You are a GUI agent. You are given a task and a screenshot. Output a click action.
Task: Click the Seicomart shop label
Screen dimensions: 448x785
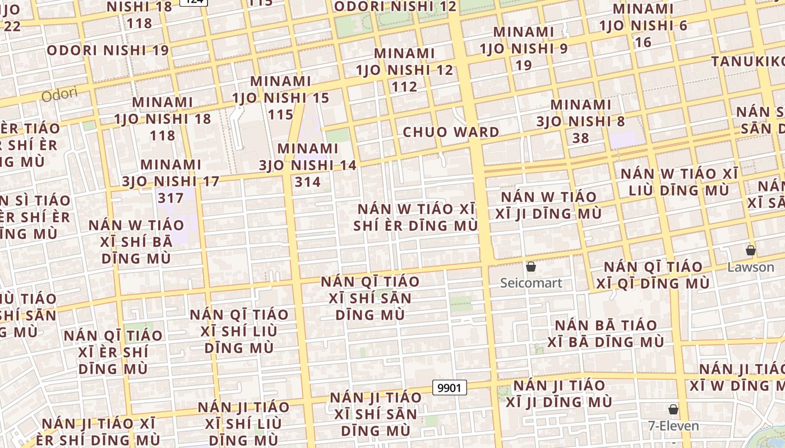[x=531, y=283]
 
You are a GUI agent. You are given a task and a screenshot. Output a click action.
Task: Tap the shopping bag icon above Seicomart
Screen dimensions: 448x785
[x=531, y=267]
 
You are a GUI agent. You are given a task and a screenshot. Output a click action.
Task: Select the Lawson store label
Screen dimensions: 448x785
[x=750, y=267]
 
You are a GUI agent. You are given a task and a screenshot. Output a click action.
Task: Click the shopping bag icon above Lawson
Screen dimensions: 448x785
[x=750, y=250]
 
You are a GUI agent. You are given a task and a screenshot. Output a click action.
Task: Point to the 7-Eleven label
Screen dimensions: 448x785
[x=673, y=426]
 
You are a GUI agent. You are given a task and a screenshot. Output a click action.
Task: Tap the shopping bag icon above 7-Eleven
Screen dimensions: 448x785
[x=673, y=409]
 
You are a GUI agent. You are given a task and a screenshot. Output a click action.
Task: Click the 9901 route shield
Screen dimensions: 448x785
[x=450, y=388]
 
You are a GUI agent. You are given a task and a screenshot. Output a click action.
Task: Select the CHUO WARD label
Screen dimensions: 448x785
[x=451, y=132]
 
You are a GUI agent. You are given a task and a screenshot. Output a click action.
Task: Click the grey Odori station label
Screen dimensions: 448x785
[x=59, y=94]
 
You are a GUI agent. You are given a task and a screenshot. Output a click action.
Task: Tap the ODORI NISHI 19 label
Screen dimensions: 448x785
[x=108, y=50]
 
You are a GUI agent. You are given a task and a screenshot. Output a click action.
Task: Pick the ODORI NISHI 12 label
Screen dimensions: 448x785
[x=395, y=7]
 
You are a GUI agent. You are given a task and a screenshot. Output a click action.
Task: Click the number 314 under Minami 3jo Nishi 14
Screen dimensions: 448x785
[x=308, y=182]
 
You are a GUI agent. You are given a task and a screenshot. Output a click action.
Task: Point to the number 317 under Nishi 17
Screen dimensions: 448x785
[x=171, y=198]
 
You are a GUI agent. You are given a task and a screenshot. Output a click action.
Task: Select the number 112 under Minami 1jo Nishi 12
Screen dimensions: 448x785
[x=405, y=87]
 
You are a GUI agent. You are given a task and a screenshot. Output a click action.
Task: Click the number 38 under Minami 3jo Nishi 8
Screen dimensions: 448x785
[x=581, y=138]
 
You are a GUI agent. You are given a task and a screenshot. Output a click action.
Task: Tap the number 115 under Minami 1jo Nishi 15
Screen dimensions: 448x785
[x=281, y=115]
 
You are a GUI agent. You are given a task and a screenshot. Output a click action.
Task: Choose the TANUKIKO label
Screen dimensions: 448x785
[x=749, y=61]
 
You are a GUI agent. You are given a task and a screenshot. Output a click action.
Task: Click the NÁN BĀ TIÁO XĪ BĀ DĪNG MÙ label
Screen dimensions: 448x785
[x=606, y=333]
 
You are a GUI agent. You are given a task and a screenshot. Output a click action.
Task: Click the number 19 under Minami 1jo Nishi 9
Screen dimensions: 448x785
[x=524, y=65]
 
